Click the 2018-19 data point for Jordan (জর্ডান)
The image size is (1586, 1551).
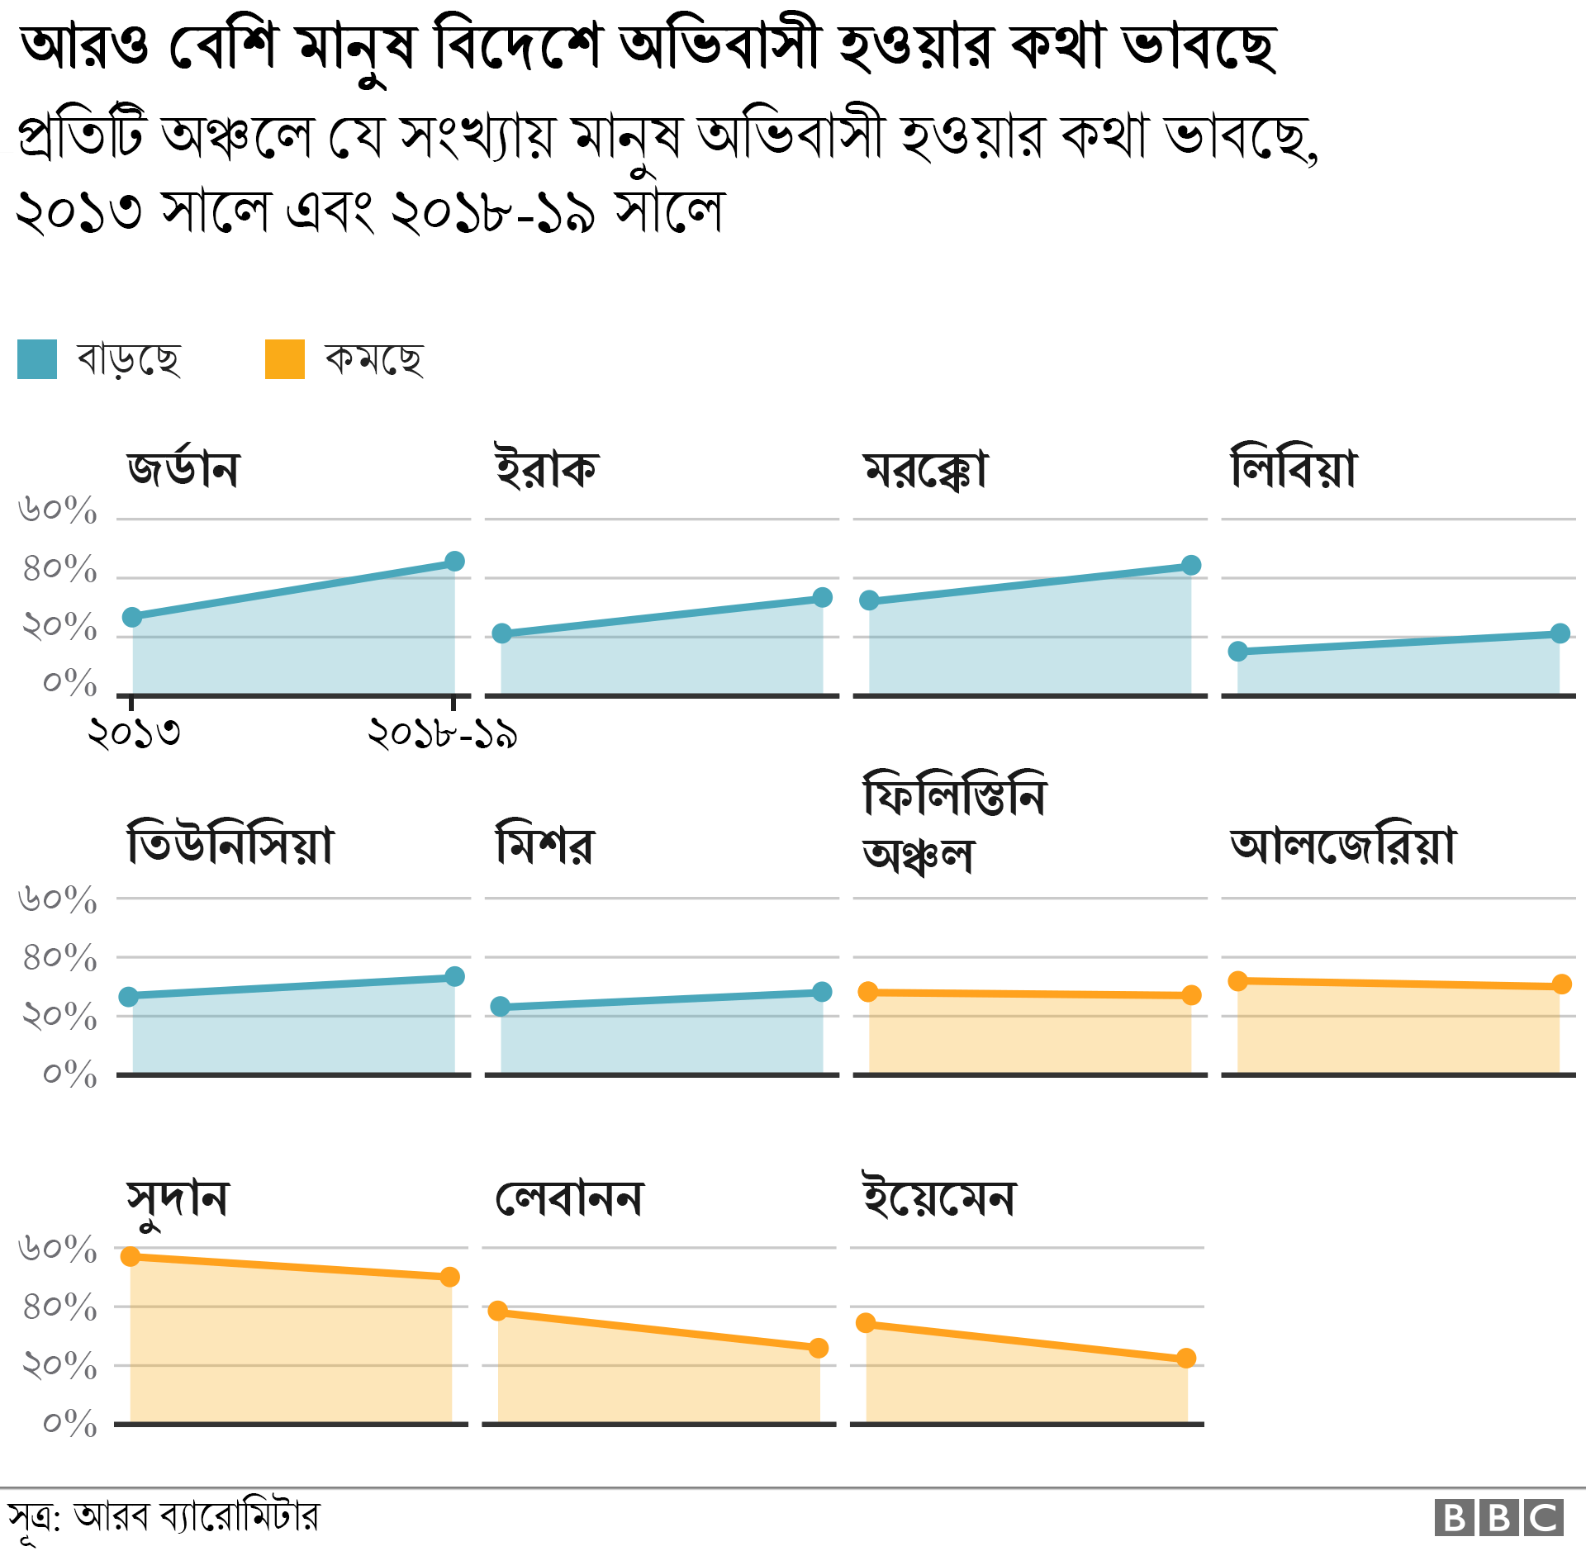click(x=454, y=562)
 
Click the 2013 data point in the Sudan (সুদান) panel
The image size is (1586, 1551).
click(x=131, y=1257)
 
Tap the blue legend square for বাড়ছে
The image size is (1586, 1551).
click(x=37, y=359)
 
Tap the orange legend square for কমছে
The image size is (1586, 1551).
click(x=285, y=359)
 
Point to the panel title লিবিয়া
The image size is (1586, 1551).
click(x=1294, y=469)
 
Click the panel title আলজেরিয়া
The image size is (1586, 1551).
click(x=1343, y=846)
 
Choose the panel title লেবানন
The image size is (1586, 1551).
click(x=568, y=1199)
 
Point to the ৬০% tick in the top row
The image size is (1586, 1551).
click(x=58, y=510)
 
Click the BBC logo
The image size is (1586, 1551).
click(x=1498, y=1518)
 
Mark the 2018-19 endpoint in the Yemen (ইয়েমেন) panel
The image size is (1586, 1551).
click(x=1186, y=1359)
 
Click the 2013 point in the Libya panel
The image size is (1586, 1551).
click(x=1237, y=652)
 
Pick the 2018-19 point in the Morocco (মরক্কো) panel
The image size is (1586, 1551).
click(x=1191, y=566)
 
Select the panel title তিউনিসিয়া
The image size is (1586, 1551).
click(x=230, y=846)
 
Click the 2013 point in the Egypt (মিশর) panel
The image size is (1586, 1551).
click(x=500, y=1007)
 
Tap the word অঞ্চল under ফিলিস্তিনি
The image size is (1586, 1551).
click(x=918, y=856)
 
